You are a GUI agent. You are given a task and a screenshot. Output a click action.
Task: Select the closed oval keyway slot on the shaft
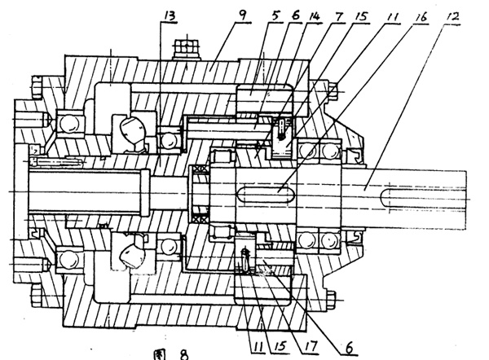265,193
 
